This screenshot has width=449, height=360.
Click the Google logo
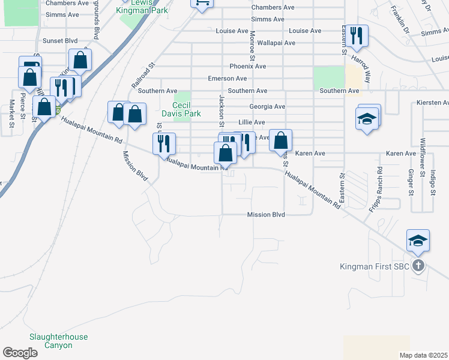20,353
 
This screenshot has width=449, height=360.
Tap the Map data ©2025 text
424,355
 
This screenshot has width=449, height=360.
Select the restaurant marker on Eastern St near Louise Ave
357,35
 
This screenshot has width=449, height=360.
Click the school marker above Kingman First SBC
418,241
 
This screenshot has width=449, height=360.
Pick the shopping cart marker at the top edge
202,2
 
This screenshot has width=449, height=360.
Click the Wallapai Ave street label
276,43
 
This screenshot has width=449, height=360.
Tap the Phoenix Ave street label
247,66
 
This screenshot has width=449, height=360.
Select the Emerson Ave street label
227,79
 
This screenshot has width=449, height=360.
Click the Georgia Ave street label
267,107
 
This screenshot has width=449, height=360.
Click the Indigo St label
432,183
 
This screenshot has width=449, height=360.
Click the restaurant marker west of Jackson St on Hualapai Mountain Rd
164,143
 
